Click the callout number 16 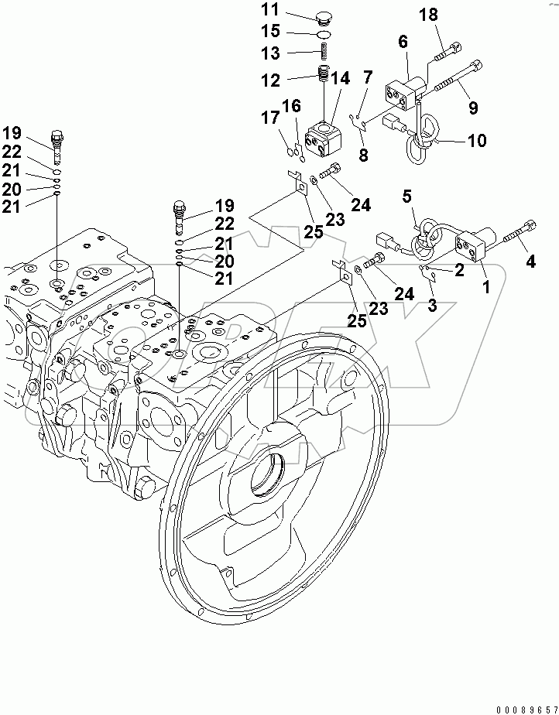(291, 104)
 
